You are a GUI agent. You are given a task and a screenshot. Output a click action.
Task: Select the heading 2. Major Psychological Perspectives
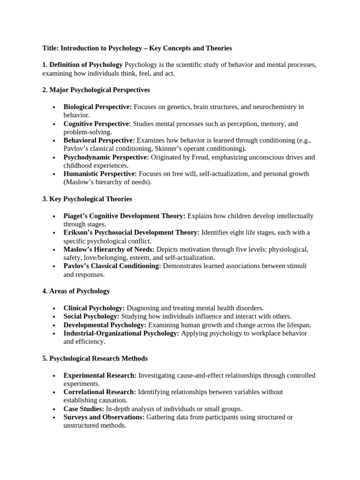[x=96, y=90]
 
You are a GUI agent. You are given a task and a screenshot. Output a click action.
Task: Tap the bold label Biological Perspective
[x=97, y=107]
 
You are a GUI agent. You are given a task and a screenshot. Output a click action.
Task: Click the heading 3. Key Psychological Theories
[x=87, y=199]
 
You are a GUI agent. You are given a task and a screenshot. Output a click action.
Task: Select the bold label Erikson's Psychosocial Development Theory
[x=131, y=232]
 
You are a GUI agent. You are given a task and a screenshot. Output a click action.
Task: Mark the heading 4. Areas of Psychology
[x=76, y=291]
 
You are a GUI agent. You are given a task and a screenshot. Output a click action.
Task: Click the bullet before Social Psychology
[x=55, y=317]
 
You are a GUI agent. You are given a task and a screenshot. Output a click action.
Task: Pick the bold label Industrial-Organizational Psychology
[x=121, y=333]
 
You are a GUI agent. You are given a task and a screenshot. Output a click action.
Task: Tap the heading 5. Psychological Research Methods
[x=95, y=359]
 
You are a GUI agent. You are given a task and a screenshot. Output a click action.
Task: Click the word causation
[x=111, y=400]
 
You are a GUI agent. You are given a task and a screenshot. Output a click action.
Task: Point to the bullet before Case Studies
[x=55, y=409]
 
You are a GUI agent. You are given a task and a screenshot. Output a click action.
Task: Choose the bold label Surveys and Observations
[x=104, y=417]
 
